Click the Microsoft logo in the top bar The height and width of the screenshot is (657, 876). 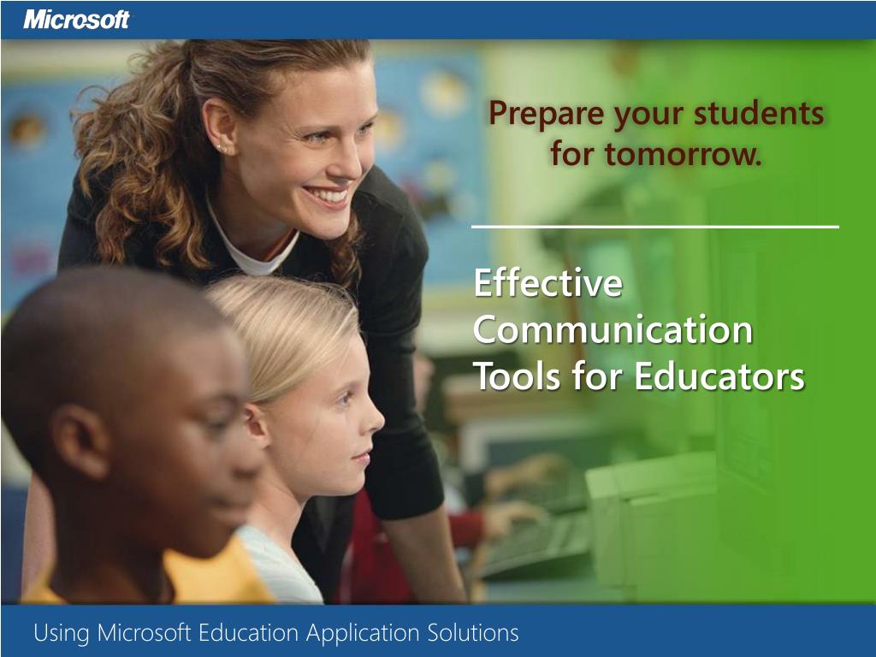[x=77, y=19]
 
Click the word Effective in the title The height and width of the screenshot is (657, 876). [x=547, y=284]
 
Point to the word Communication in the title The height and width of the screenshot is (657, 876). [x=613, y=330]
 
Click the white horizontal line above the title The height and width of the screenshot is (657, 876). [x=655, y=227]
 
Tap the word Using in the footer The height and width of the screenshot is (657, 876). [x=62, y=633]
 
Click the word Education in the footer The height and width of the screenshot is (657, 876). [x=249, y=633]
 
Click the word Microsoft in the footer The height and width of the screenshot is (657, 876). [x=145, y=633]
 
